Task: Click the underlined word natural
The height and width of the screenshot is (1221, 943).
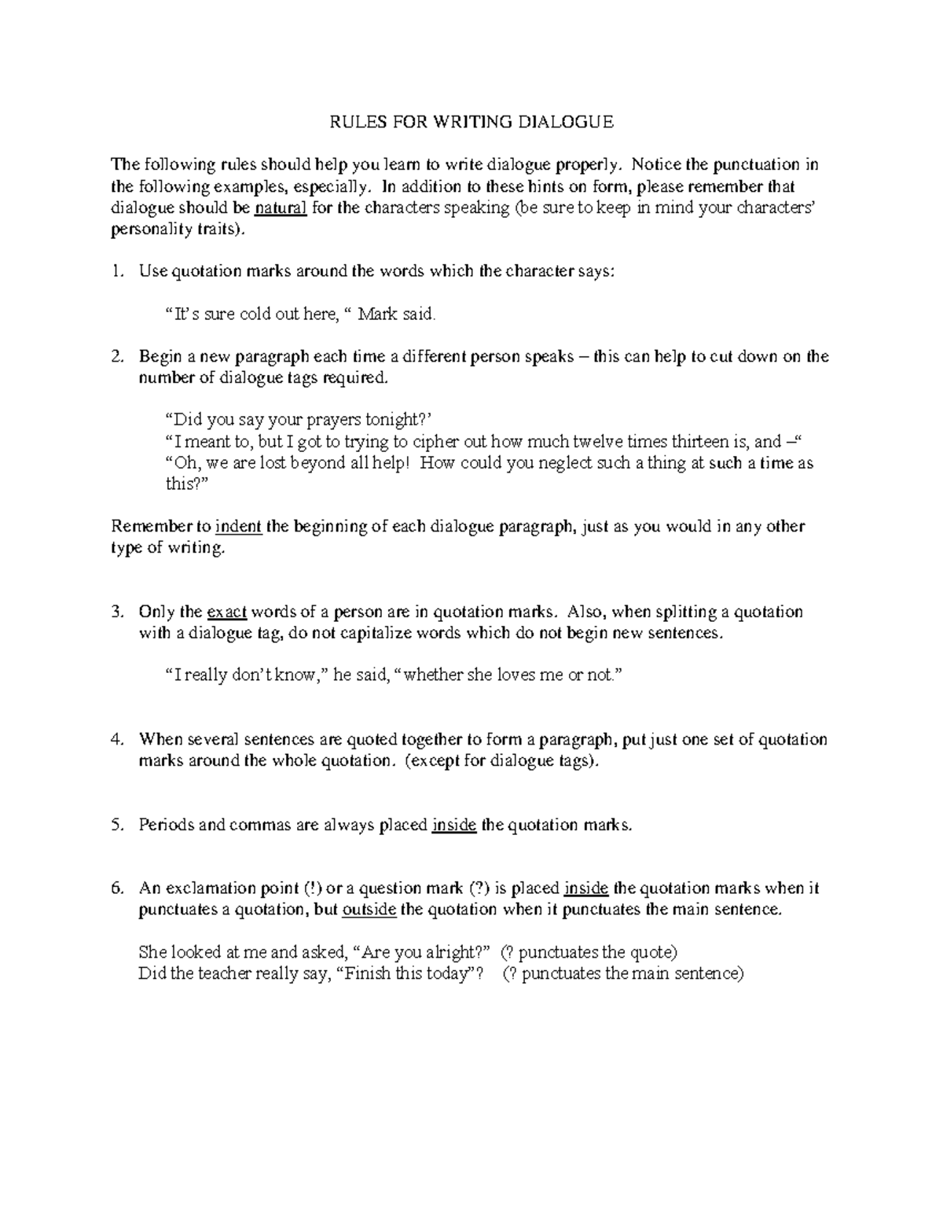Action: click(x=281, y=208)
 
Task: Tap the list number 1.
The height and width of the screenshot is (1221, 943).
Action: click(x=117, y=271)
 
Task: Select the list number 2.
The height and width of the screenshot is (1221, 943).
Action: click(x=117, y=356)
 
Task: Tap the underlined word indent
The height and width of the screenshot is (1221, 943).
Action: click(x=238, y=526)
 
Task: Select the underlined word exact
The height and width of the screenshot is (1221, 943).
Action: click(x=227, y=612)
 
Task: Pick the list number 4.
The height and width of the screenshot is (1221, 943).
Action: click(x=117, y=739)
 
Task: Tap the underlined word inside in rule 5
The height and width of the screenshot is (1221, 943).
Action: click(x=454, y=825)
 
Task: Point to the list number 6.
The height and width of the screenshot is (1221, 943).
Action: click(x=117, y=888)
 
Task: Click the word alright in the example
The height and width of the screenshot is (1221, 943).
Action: click(x=452, y=952)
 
